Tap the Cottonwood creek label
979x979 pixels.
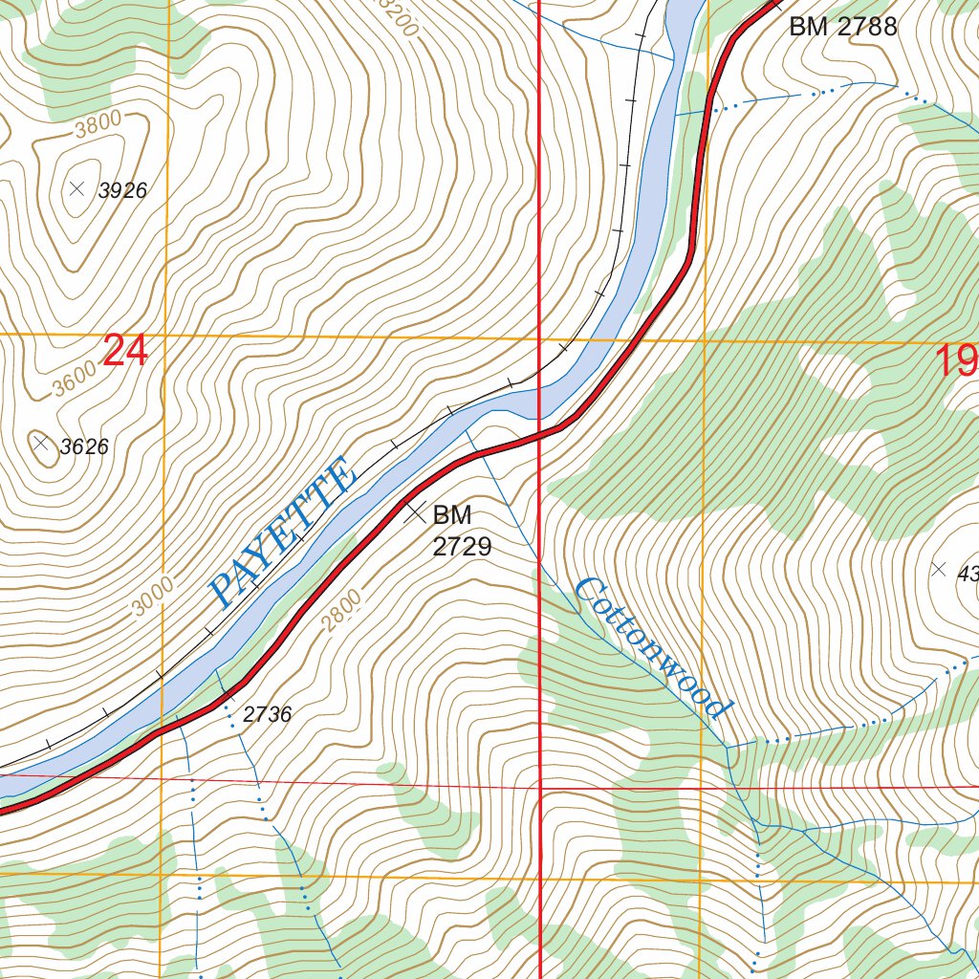pos(654,649)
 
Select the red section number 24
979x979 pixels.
pos(125,351)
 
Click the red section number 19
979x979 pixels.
pos(957,362)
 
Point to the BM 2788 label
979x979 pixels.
pos(843,27)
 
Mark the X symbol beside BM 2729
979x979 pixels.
pos(415,511)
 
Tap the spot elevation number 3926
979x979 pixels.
pos(122,191)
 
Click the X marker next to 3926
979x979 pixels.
pos(77,188)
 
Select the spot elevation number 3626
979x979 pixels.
pos(84,446)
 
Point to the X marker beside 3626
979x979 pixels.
pos(40,443)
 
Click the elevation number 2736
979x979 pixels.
pos(267,714)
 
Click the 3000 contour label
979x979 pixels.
pos(153,598)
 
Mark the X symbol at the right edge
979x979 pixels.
pos(938,570)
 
